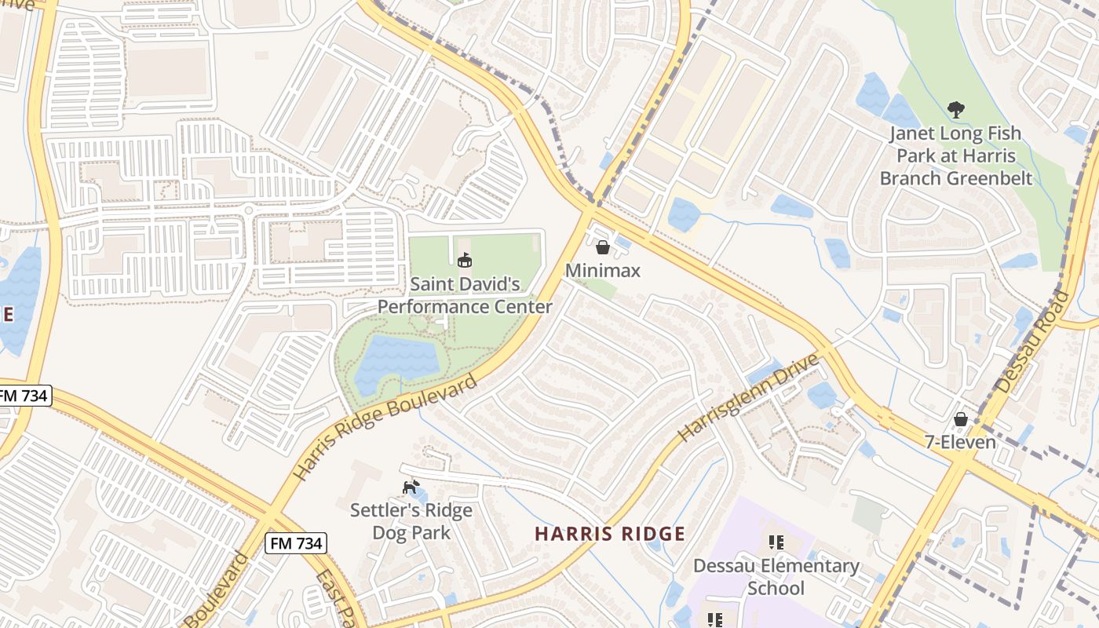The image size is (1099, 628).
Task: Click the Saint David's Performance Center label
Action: (x=465, y=294)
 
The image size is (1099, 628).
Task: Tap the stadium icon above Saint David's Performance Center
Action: (x=465, y=259)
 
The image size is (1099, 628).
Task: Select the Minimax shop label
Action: (x=603, y=271)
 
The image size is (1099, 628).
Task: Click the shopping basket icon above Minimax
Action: (x=603, y=247)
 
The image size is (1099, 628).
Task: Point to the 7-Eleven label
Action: (x=960, y=442)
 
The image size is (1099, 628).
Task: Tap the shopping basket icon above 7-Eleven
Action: (x=960, y=418)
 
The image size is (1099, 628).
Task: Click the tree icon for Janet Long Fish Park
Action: (x=955, y=109)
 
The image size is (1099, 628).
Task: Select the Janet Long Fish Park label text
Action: (x=955, y=155)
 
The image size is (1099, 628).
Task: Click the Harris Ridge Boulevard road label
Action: (x=385, y=428)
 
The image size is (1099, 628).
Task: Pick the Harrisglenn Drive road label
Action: (x=748, y=396)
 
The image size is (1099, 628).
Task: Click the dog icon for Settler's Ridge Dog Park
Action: (x=411, y=487)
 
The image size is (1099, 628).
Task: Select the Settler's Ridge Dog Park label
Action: (x=411, y=521)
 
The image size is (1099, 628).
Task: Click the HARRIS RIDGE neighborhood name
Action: (x=610, y=535)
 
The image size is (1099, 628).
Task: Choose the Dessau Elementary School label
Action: (x=776, y=577)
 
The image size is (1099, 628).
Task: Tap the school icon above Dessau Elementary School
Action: (x=776, y=542)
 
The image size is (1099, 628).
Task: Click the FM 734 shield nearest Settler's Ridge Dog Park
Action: (x=295, y=542)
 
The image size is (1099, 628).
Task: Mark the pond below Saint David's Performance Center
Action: (x=396, y=363)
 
